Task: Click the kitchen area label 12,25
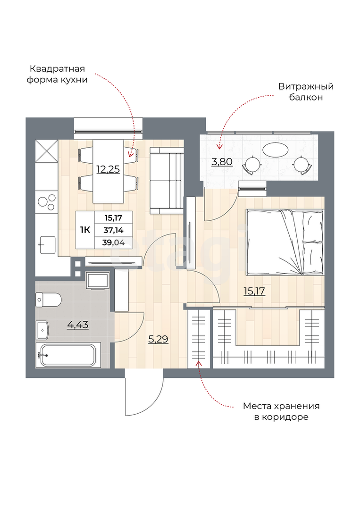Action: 108,169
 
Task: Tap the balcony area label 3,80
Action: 222,161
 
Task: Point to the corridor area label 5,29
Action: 158,339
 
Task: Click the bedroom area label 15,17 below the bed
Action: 254,291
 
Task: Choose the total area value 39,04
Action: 113,242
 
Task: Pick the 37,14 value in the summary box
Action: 113,230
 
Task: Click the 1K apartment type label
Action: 85,230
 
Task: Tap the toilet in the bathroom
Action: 49,299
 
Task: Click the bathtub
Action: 68,355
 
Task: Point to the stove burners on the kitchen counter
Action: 47,202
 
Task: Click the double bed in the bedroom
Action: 285,242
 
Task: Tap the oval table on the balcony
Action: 275,150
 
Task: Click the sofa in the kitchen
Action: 167,181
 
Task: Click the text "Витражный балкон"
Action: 306,92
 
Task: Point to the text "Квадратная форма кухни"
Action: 57,74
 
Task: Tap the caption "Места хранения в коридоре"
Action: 282,411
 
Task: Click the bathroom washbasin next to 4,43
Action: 42,329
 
